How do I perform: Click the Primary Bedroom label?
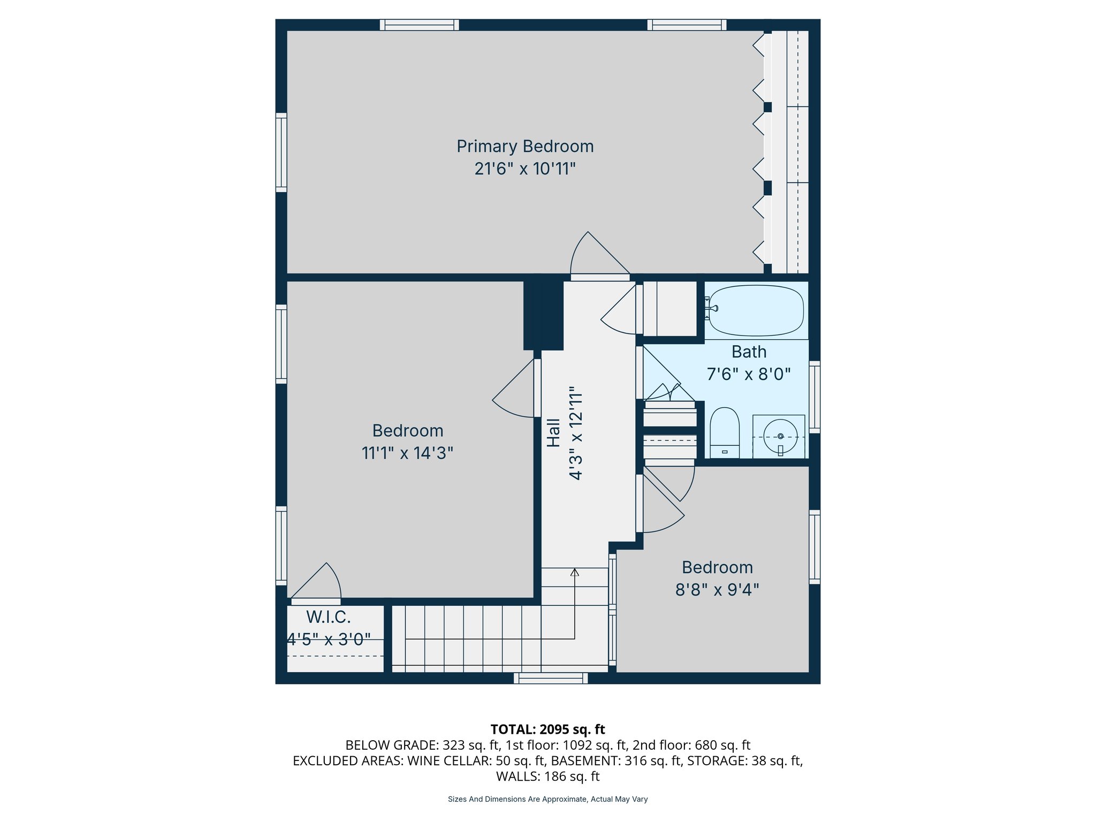[x=524, y=146]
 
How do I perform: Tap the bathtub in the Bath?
[x=756, y=310]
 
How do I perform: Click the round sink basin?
[x=780, y=436]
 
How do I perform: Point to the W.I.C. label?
[x=328, y=617]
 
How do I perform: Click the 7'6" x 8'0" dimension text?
[x=748, y=374]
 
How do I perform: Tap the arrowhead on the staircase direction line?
[x=574, y=572]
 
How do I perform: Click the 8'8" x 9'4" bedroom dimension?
[x=717, y=590]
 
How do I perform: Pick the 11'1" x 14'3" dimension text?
[x=407, y=453]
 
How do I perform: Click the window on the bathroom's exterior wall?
[x=814, y=397]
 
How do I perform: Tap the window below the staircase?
[x=551, y=678]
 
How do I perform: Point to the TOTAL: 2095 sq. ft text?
[x=547, y=729]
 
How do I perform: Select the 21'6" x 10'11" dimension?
[x=524, y=169]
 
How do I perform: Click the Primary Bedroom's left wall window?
[x=281, y=152]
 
